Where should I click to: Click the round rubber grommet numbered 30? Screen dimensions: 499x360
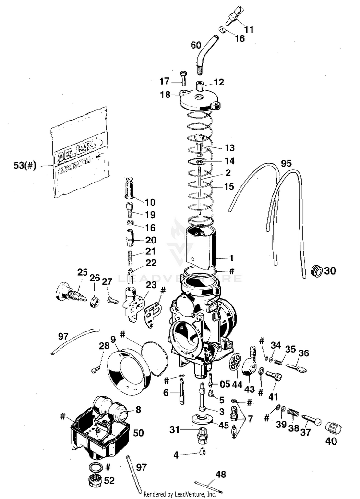point(316,270)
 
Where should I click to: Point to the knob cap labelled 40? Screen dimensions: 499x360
point(332,427)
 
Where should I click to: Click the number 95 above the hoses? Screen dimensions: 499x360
point(287,164)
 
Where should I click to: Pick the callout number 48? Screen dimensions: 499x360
point(221,475)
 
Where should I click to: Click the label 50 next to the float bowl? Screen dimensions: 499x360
point(138,433)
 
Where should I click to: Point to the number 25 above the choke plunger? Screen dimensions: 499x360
point(82,272)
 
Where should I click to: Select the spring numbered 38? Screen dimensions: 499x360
point(293,412)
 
